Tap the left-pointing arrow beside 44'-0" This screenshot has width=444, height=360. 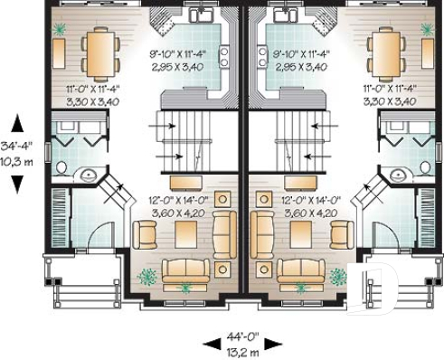210,343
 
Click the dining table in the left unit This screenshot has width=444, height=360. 96,53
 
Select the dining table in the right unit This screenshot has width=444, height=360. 386,53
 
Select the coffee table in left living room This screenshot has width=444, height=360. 186,233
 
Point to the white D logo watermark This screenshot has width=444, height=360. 370,289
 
